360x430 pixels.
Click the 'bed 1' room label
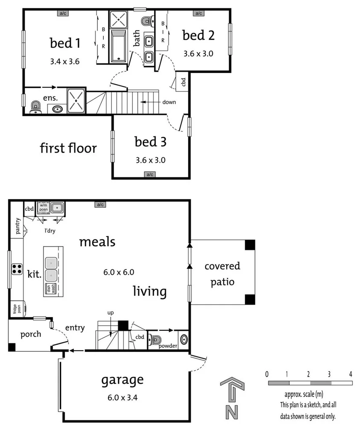(x=66, y=43)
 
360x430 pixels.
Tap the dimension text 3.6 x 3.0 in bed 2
(x=198, y=54)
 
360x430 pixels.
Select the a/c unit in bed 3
(x=150, y=174)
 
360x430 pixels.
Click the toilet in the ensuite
(x=35, y=106)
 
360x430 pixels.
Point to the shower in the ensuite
(x=76, y=100)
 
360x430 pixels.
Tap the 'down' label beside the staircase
(x=169, y=102)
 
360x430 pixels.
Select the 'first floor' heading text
(x=68, y=148)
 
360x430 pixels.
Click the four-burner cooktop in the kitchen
(x=17, y=269)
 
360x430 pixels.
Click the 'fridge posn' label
(x=15, y=309)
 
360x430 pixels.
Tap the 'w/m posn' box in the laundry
(x=44, y=207)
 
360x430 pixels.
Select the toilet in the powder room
(x=155, y=341)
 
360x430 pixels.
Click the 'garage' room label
(x=122, y=380)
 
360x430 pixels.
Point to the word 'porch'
(x=30, y=334)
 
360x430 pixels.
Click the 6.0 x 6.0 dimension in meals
(x=119, y=271)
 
